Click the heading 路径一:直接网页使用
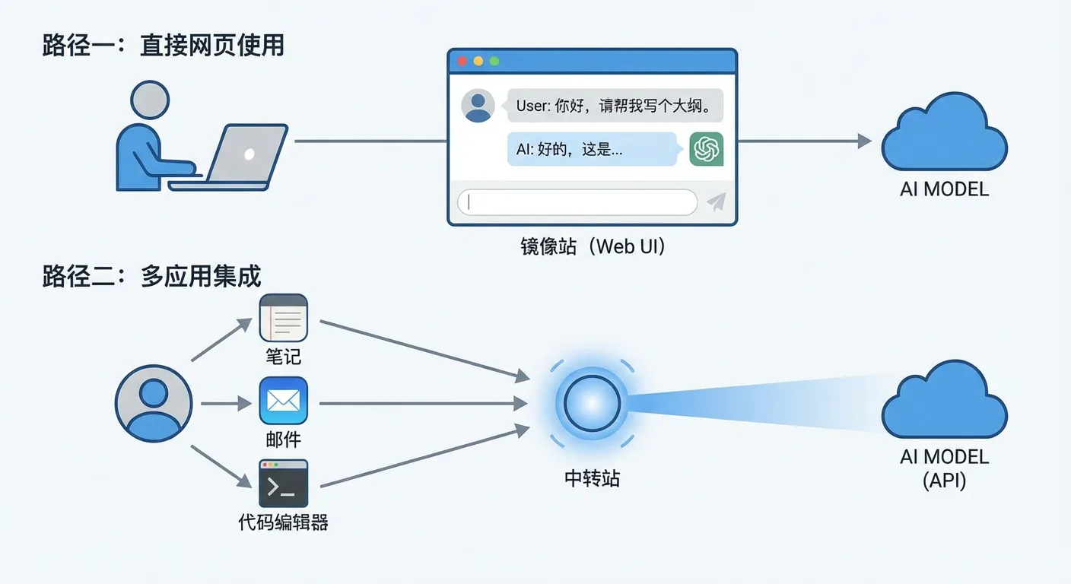pos(163,46)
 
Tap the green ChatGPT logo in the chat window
pos(706,149)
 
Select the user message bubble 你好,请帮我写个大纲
pos(615,106)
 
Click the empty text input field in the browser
pos(577,202)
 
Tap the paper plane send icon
pos(716,202)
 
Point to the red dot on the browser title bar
pos(461,61)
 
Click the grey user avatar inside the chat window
pos(478,106)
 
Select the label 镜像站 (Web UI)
pos(593,247)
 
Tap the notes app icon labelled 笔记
pos(283,319)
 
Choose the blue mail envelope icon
pos(283,400)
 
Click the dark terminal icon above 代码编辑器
pos(283,484)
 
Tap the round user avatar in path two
pos(154,403)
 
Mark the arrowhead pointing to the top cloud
pos(864,141)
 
